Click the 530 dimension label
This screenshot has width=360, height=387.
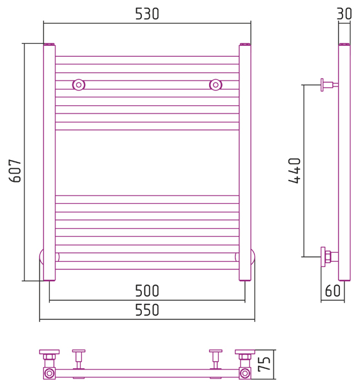click(x=147, y=14)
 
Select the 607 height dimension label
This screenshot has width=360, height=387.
click(x=15, y=171)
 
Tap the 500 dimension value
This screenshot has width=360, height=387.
click(x=147, y=291)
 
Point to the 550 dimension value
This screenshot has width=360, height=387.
click(x=147, y=310)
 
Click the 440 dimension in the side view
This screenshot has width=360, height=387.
click(x=294, y=171)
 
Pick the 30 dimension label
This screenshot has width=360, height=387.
click(x=345, y=14)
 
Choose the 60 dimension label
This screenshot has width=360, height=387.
click(x=333, y=291)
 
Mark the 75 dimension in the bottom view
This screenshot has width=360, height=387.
click(x=264, y=364)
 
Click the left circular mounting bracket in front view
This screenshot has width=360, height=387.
click(x=79, y=85)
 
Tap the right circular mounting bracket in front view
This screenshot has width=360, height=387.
click(x=215, y=85)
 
